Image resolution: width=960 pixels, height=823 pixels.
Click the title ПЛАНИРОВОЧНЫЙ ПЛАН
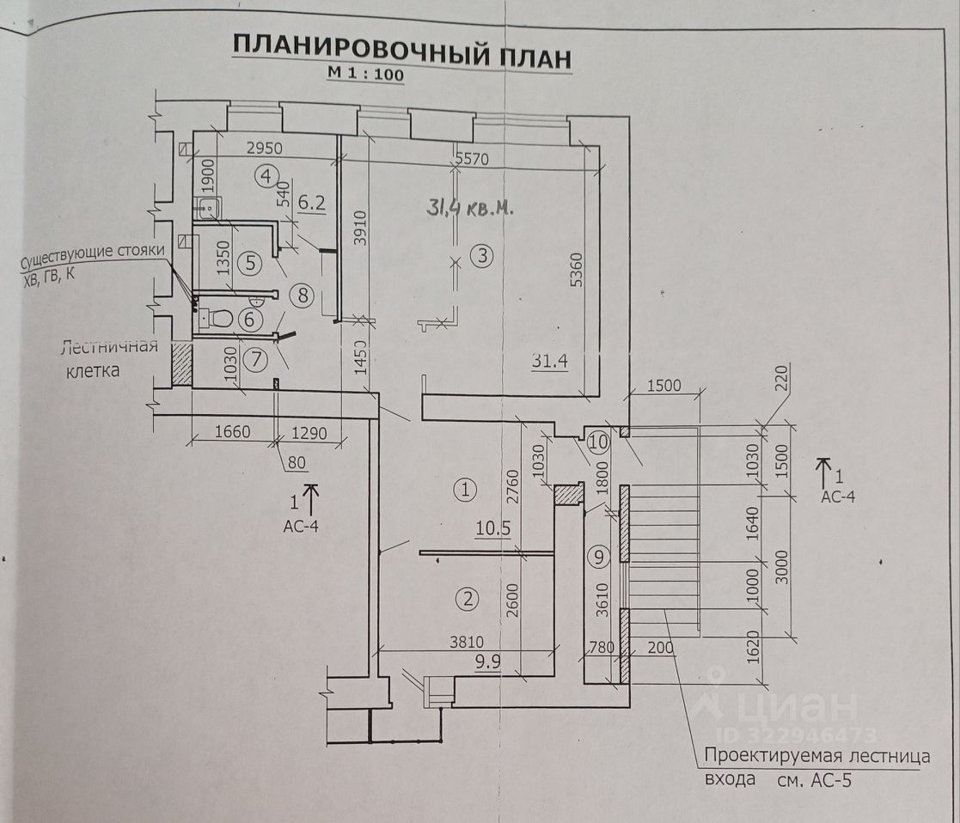point(401,52)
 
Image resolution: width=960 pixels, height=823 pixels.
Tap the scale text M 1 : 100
point(364,74)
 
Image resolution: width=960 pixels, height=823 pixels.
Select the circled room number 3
point(482,255)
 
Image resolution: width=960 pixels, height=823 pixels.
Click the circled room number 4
point(266,176)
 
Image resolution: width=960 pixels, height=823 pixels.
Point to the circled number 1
point(465,491)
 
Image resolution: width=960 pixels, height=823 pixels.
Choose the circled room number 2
point(468,599)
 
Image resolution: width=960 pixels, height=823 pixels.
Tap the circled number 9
point(599,557)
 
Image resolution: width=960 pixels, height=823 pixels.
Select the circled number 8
point(302,295)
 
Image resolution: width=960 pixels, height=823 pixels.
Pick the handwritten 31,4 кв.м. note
point(469,207)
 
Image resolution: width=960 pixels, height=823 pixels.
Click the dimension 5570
point(472,158)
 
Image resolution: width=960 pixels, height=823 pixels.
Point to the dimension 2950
point(264,148)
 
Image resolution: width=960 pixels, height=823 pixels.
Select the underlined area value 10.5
point(492,528)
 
